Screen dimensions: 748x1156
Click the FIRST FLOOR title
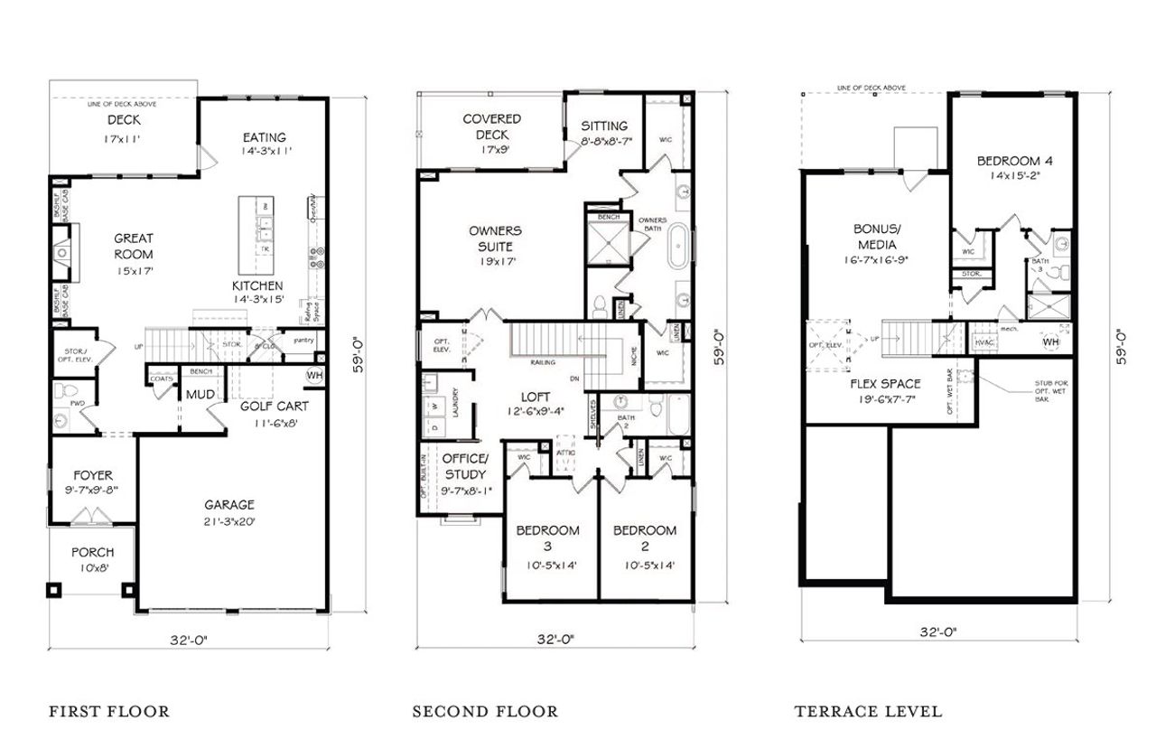(x=108, y=711)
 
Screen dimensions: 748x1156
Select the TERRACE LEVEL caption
(x=868, y=711)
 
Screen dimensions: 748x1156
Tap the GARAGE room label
(x=228, y=505)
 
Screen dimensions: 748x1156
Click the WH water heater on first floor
(x=314, y=375)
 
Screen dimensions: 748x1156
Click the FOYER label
(x=93, y=476)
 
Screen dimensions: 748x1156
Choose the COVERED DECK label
(x=491, y=126)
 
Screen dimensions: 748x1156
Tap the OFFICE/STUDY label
(x=465, y=467)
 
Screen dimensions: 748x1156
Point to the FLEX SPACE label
(x=886, y=384)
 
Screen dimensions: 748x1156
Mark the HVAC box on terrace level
(x=984, y=342)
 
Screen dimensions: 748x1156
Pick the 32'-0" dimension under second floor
(x=555, y=639)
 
